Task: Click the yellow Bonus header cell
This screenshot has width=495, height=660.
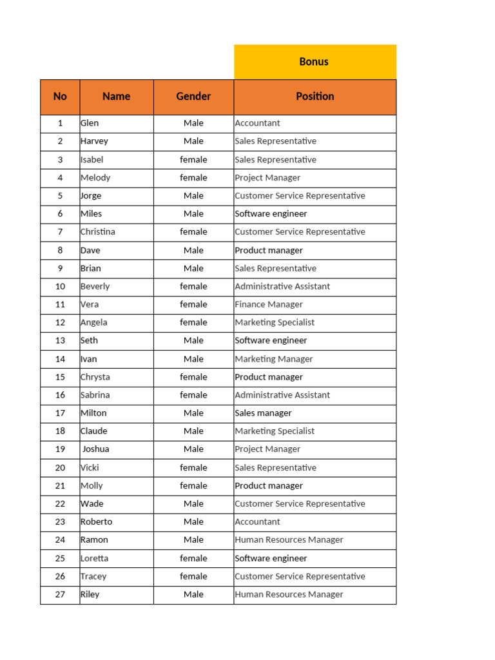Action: [315, 62]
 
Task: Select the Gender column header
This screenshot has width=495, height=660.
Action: [193, 97]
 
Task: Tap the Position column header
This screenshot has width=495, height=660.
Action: [315, 97]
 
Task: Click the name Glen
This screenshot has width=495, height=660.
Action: [90, 123]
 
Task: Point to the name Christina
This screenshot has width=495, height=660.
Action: [98, 232]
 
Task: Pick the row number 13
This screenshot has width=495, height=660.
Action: [60, 340]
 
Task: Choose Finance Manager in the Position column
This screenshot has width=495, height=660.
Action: [269, 304]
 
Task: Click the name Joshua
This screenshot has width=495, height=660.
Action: [96, 449]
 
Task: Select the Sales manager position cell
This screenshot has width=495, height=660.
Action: [263, 413]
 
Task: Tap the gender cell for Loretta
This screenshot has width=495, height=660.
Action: [193, 558]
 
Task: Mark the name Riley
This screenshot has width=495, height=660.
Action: [90, 594]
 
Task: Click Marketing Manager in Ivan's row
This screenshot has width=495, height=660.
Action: [274, 359]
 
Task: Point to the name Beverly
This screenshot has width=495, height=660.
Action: [95, 286]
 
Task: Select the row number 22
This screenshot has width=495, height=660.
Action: [60, 504]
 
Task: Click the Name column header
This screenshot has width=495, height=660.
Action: [116, 97]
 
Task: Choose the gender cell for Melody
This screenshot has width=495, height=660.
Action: [193, 178]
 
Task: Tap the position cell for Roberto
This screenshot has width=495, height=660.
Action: [258, 522]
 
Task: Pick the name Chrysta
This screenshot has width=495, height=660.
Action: [95, 377]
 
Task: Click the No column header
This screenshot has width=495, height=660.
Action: [60, 97]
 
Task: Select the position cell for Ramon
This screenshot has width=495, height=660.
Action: [289, 540]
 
